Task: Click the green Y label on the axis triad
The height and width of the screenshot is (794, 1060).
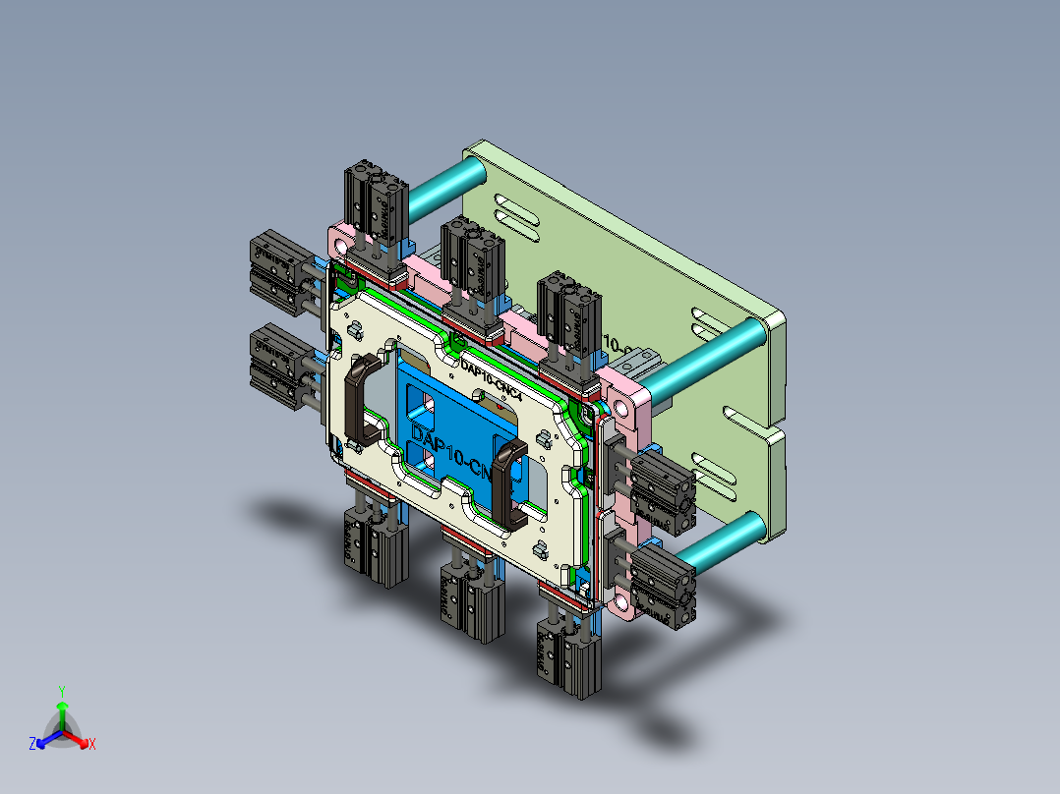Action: pyautogui.click(x=61, y=691)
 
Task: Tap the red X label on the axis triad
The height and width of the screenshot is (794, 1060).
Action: pyautogui.click(x=92, y=745)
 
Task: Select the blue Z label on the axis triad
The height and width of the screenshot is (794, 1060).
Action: pyautogui.click(x=32, y=745)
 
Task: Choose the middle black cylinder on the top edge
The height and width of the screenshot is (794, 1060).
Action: pyautogui.click(x=472, y=257)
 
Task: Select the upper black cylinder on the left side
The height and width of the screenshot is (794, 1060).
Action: pyautogui.click(x=277, y=269)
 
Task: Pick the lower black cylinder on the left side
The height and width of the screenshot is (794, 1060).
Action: pyautogui.click(x=277, y=360)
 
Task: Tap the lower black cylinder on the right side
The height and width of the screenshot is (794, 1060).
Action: pyautogui.click(x=664, y=585)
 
